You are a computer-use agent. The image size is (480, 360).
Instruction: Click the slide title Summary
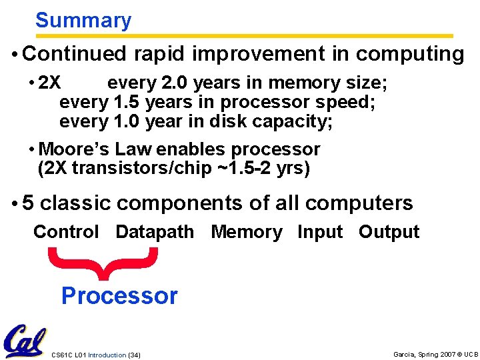(x=83, y=21)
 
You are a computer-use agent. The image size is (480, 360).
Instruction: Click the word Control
(x=66, y=232)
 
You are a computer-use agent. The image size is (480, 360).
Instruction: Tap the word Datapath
(x=155, y=232)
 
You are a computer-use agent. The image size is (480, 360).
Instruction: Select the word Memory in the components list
(x=247, y=232)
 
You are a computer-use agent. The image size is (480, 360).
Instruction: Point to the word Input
(x=320, y=232)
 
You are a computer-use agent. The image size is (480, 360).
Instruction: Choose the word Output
(x=389, y=232)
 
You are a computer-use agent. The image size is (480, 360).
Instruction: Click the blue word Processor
(x=119, y=295)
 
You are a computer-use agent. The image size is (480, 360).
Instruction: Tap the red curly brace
(x=103, y=263)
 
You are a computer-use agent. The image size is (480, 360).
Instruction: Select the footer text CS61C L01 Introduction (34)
(x=95, y=354)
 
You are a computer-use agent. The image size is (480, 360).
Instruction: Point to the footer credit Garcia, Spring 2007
(x=427, y=354)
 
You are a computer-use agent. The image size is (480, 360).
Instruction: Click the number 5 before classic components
(x=28, y=203)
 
